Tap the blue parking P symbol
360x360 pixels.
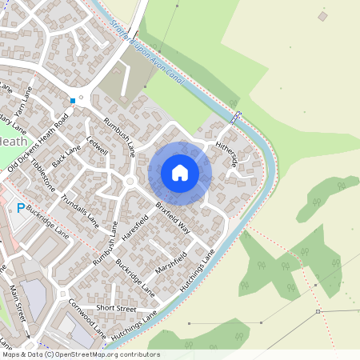coord(20,209)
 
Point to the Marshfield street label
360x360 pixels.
coord(170,263)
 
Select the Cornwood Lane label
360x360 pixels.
coord(86,316)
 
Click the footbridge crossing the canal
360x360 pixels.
coord(235,117)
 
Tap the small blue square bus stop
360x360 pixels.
coord(72,101)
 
